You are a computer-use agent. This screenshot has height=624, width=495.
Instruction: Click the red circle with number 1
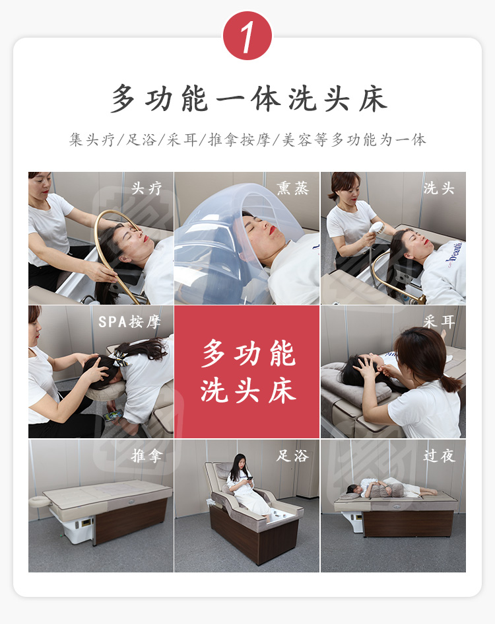[x=247, y=36]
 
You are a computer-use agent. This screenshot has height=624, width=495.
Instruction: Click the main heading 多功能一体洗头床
[x=249, y=98]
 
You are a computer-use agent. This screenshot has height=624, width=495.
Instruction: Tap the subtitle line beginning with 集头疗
[x=247, y=139]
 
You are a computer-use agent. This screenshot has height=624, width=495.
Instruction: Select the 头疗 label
[x=147, y=188]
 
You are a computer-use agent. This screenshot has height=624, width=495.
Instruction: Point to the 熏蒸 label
[x=292, y=188]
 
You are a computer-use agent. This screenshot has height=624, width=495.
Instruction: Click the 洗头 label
[x=439, y=188]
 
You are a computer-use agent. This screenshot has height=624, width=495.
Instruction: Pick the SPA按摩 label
[x=129, y=321]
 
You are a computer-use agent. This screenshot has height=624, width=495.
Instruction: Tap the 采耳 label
[x=439, y=321]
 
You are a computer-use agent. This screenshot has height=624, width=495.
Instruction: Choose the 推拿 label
[x=147, y=455]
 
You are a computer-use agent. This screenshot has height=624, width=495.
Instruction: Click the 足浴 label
[x=292, y=455]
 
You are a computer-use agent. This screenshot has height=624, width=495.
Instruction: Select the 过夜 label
[x=439, y=455]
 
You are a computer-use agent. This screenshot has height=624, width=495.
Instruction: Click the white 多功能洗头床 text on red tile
[x=248, y=371]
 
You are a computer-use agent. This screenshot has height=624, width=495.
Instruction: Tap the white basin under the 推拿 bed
[x=77, y=526]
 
